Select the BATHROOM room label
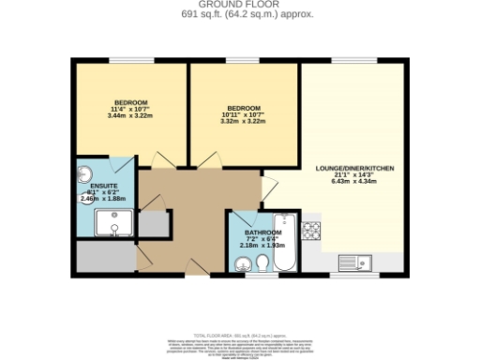(262, 232)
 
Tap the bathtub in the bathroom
(287, 241)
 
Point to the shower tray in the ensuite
(115, 223)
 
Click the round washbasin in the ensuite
(84, 173)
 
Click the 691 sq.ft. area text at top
(240, 15)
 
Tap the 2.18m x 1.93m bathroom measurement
(262, 246)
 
